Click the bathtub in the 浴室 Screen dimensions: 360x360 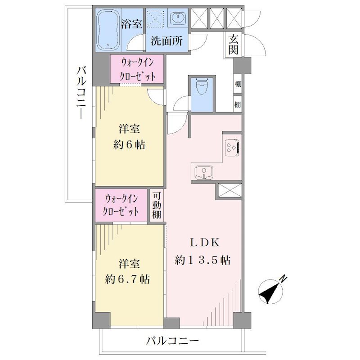pyautogui.click(x=108, y=29)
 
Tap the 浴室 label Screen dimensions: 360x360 pyautogui.click(x=131, y=24)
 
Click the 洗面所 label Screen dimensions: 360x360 pyautogui.click(x=166, y=40)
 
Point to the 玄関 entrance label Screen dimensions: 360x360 pyautogui.click(x=233, y=45)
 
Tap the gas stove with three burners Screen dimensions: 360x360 pyautogui.click(x=233, y=148)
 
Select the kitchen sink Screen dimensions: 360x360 pyautogui.click(x=204, y=172)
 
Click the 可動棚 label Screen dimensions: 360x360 pyautogui.click(x=157, y=205)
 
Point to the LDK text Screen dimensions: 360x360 pyautogui.click(x=204, y=243)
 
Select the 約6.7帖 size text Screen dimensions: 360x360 pyautogui.click(x=127, y=279)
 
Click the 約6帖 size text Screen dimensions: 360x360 pyautogui.click(x=129, y=145)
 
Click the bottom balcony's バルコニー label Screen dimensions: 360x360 pyautogui.click(x=172, y=341)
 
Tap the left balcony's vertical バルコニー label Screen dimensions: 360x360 pyautogui.click(x=81, y=93)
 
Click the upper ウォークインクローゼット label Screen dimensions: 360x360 pyautogui.click(x=137, y=69)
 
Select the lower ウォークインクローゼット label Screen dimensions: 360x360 pyautogui.click(x=121, y=205)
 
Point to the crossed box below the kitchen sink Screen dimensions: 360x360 pyautogui.click(x=229, y=190)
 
